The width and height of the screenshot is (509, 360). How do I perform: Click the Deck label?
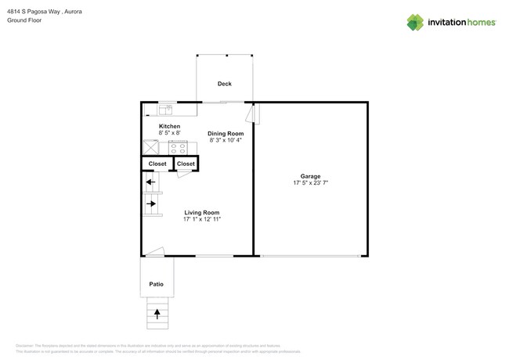[x=225, y=83]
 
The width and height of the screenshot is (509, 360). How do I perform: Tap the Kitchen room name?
[x=169, y=126]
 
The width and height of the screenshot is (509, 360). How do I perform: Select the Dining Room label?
[x=226, y=133]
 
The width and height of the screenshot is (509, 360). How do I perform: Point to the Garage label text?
[x=310, y=177]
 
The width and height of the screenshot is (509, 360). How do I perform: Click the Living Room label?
[x=201, y=212]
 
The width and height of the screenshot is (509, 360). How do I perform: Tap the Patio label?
[x=157, y=283]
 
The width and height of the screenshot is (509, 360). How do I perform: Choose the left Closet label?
[x=157, y=164]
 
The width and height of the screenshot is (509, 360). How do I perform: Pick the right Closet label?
[x=186, y=164]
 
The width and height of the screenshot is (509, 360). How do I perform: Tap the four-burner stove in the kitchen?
[x=178, y=146]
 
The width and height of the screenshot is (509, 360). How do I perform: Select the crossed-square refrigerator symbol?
[x=150, y=147]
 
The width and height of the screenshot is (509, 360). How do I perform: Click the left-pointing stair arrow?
[x=150, y=184]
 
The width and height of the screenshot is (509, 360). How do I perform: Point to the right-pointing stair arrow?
[x=150, y=204]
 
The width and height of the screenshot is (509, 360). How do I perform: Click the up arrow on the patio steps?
[x=157, y=315]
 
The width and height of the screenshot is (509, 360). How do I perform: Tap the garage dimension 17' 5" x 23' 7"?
[x=310, y=184]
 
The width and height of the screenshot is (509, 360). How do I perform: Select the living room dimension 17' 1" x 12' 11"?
[x=201, y=219]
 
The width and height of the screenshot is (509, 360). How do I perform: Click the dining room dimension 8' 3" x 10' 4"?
[x=226, y=140]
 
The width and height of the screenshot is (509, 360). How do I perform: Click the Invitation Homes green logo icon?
[x=416, y=22]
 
